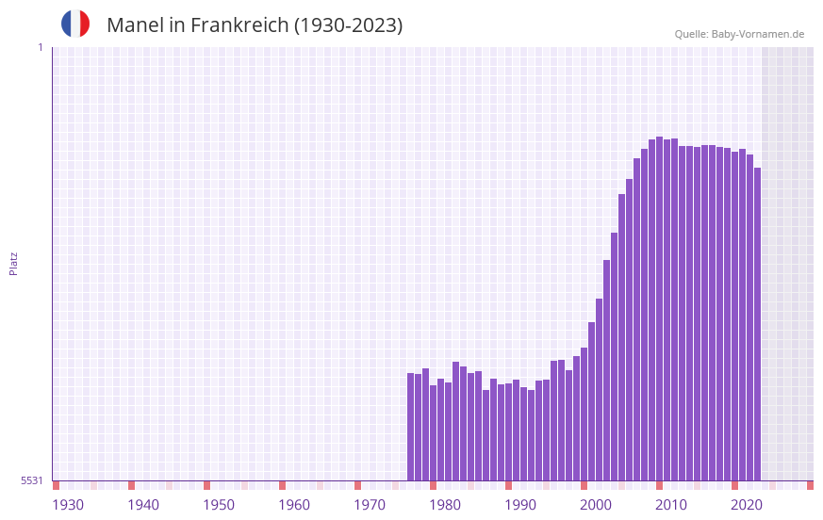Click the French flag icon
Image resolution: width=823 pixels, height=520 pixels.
click(x=75, y=24)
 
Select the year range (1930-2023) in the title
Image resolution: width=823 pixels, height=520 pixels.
click(x=348, y=25)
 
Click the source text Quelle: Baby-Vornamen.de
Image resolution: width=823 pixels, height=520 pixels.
click(x=739, y=34)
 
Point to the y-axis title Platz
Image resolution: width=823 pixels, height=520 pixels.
click(x=13, y=263)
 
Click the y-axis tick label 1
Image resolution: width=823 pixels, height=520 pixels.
click(x=40, y=47)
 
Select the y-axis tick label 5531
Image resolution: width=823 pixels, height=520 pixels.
click(x=32, y=480)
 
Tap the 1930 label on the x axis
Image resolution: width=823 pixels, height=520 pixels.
click(x=68, y=505)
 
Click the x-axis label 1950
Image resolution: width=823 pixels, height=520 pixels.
click(x=219, y=505)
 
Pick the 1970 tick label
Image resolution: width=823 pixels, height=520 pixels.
click(x=370, y=505)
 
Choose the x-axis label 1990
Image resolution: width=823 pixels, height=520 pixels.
click(x=520, y=505)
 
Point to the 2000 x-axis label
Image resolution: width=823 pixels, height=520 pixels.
click(x=596, y=505)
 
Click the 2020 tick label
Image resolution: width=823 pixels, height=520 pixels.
click(x=747, y=505)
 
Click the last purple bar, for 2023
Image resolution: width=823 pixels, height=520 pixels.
click(x=757, y=324)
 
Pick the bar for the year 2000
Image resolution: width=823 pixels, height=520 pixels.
click(x=584, y=414)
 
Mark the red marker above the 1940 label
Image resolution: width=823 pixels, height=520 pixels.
click(x=131, y=485)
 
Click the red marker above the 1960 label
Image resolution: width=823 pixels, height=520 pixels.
click(x=282, y=485)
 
